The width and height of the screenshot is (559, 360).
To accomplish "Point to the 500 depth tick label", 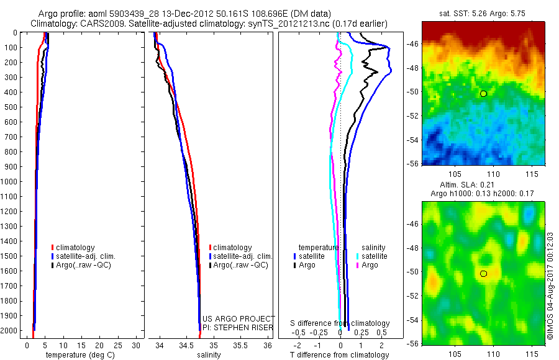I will click(x=11, y=107).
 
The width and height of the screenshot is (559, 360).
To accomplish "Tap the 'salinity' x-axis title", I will click(x=209, y=355).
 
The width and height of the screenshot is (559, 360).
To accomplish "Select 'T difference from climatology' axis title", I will click(x=340, y=355).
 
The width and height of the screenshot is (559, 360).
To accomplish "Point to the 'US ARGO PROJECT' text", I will click(x=239, y=318).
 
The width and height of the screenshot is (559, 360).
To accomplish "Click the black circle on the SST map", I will click(x=483, y=94).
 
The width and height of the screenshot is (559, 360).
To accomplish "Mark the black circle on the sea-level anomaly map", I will click(x=483, y=274).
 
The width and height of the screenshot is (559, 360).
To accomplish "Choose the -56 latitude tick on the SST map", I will click(x=412, y=164).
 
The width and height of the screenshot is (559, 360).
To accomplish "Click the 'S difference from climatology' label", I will click(x=340, y=323).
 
